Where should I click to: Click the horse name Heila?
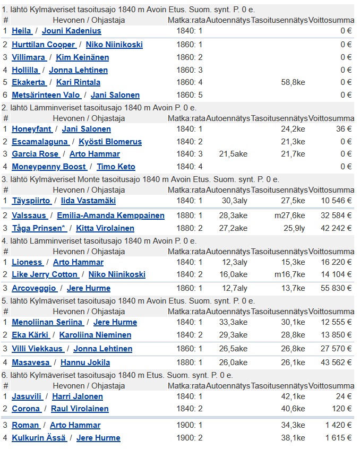click(21, 31)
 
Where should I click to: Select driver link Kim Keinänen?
click(82, 57)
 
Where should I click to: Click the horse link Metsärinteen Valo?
click(46, 95)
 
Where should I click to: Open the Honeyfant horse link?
click(32, 129)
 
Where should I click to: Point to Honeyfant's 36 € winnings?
click(344, 129)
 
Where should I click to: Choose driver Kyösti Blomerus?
click(110, 142)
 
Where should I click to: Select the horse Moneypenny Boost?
click(49, 167)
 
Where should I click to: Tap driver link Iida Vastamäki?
click(88, 201)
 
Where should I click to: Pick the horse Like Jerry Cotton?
click(45, 274)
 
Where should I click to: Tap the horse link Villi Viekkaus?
click(37, 349)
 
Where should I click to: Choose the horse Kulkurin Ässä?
click(39, 438)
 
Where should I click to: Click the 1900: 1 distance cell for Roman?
click(190, 425)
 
